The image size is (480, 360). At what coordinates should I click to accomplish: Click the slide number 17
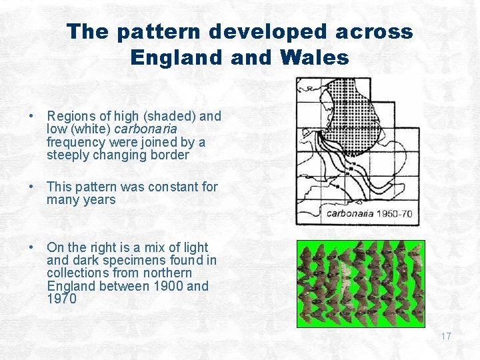[445, 336]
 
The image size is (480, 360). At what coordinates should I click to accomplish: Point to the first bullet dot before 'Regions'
[31, 117]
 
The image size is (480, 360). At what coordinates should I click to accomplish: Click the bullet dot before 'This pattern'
[31, 187]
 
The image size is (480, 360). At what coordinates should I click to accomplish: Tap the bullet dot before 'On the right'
[31, 248]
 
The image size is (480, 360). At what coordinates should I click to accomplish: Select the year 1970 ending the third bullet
[62, 299]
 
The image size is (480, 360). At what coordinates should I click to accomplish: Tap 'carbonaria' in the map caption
[349, 214]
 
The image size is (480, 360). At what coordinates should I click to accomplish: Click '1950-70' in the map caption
[394, 214]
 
